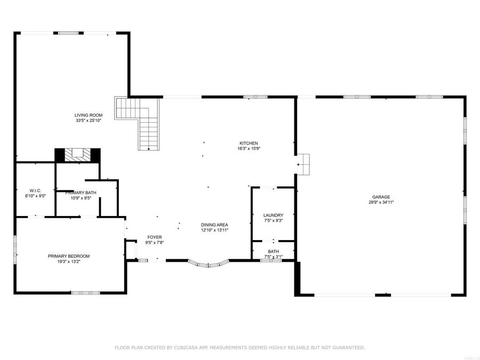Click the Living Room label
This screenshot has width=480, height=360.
(89, 115)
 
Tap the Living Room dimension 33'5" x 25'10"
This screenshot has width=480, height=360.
(89, 121)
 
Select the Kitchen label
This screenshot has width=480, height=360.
(249, 143)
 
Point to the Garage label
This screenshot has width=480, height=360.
(381, 197)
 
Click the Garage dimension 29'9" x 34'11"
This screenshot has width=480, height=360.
(381, 202)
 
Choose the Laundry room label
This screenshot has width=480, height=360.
(273, 215)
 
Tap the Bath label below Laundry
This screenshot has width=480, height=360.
(273, 251)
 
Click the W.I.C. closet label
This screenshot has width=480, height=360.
(36, 190)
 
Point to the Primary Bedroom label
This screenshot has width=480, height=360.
(69, 256)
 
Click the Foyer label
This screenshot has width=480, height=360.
(155, 237)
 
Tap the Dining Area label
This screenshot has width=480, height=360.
(214, 225)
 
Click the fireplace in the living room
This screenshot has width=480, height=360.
(78, 155)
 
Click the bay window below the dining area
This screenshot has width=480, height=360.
(208, 263)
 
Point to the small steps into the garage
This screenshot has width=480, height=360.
(303, 164)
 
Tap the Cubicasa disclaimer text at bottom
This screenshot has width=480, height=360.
(240, 347)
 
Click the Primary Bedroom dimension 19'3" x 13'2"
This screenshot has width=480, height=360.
(69, 262)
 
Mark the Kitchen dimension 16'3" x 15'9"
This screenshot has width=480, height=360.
(249, 149)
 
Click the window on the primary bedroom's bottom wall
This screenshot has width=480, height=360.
(85, 292)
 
